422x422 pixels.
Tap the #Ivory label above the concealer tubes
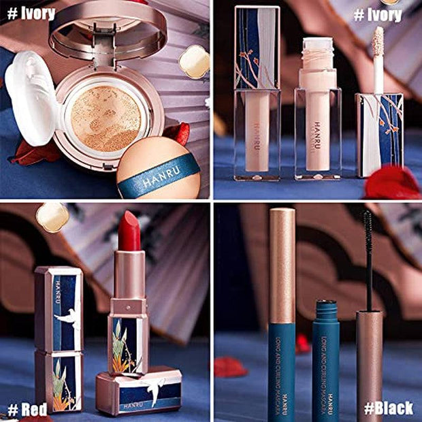coord(378,14)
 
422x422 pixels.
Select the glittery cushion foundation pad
coord(105,118)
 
